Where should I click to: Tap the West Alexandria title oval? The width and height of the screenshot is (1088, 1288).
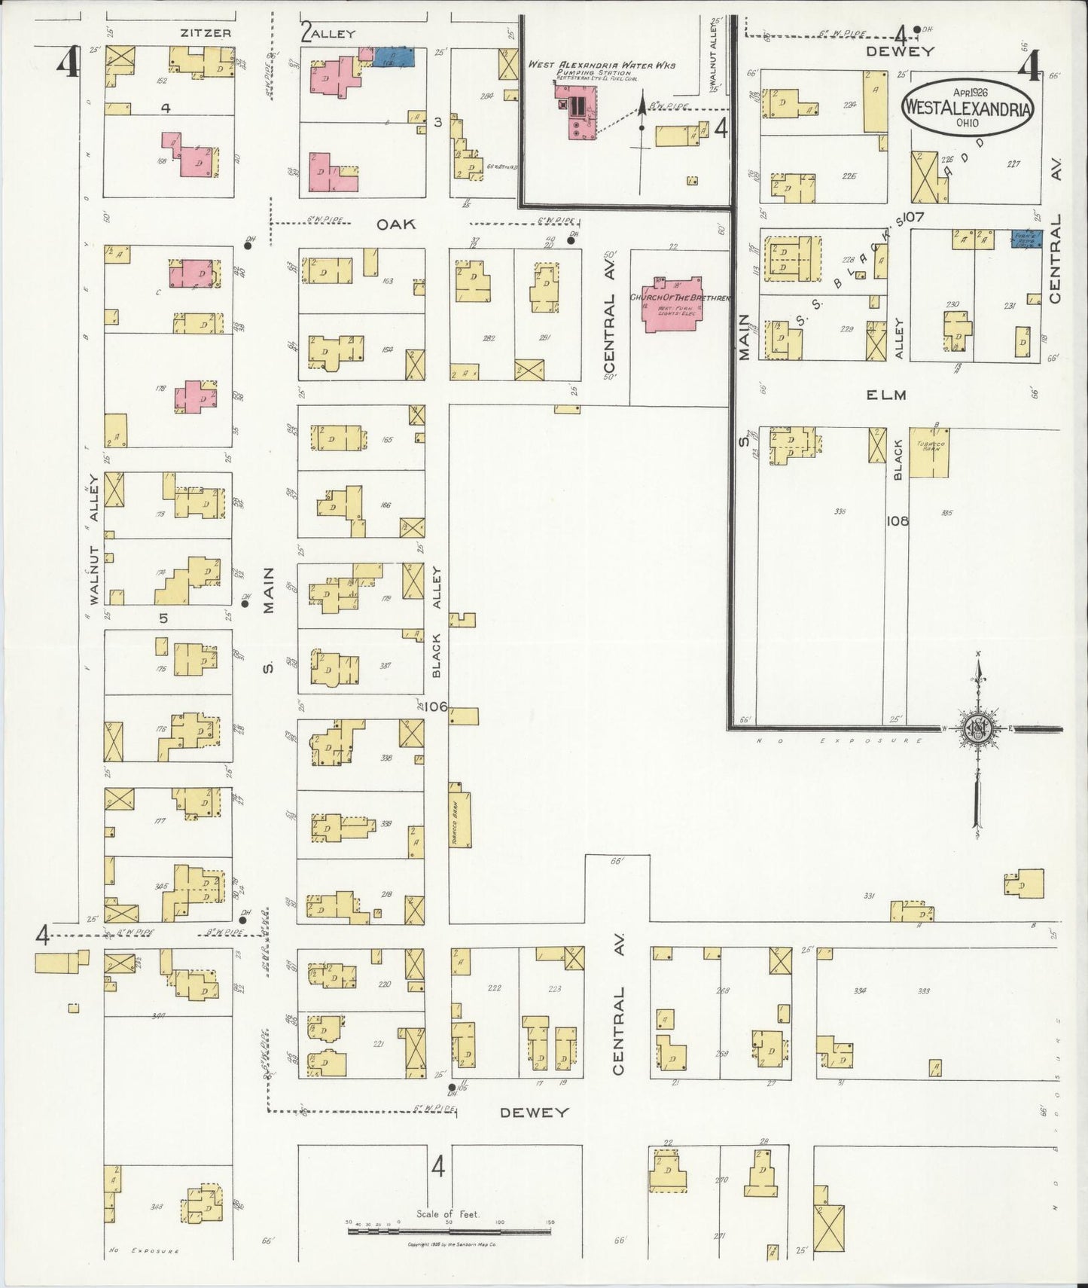968,108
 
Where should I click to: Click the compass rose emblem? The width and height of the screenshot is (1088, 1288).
977,729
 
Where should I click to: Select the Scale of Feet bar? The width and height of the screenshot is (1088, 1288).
449,1232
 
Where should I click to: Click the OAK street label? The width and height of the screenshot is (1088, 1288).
396,224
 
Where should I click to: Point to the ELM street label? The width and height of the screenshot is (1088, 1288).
885,395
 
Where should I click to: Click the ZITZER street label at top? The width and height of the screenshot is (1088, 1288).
205,33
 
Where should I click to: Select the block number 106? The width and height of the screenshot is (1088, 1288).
435,707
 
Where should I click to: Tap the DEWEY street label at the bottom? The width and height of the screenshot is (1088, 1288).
533,1113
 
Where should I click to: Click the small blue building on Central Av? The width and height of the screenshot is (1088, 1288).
1026,240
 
